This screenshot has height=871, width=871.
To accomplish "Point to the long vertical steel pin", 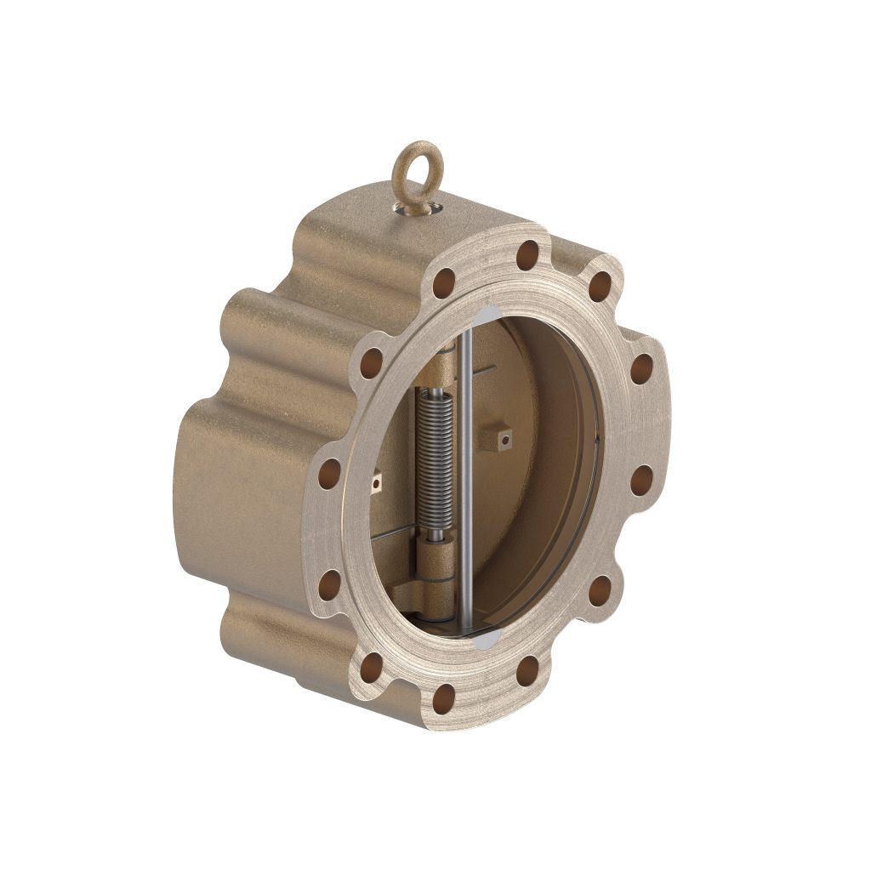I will tap(466, 476).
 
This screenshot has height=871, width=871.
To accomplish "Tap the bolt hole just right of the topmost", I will tap(601, 286).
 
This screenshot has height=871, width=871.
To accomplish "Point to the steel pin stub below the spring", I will tap(436, 536).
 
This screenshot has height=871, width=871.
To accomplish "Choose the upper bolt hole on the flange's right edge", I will tap(642, 369).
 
